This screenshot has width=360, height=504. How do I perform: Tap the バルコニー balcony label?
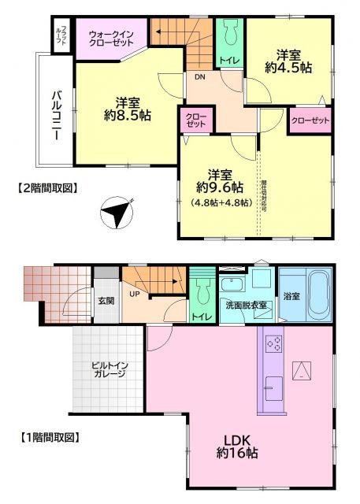pos(57,115)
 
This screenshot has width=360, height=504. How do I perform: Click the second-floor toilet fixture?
pos(229,35)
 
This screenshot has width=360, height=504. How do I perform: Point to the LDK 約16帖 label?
pos(234,447)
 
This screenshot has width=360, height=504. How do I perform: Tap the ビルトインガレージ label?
pos(109,371)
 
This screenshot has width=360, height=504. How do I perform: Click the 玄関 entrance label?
pos(106,300)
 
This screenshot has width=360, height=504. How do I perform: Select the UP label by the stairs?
pos(134,295)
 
